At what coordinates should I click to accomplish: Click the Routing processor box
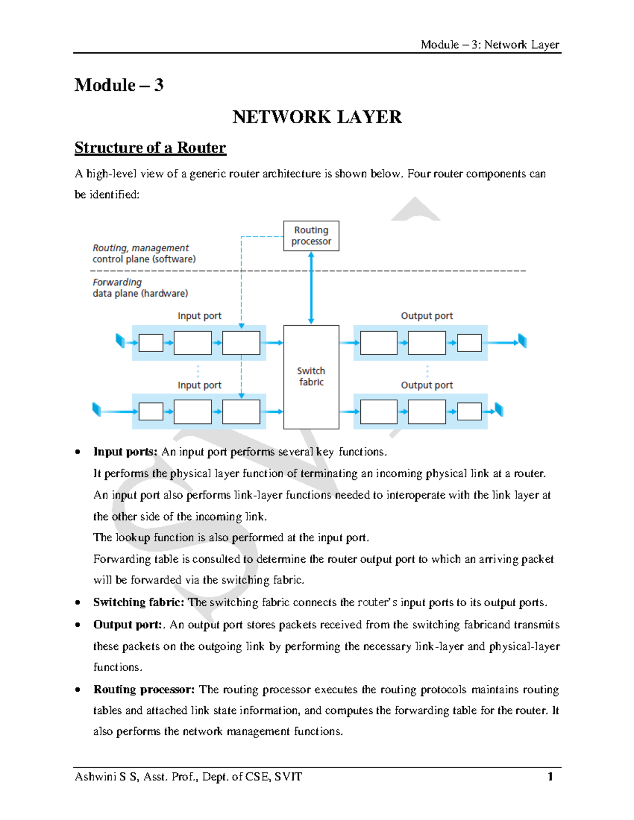pyautogui.click(x=311, y=236)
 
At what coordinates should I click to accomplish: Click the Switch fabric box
pyautogui.click(x=311, y=376)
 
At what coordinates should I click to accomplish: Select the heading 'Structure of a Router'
pyautogui.click(x=150, y=148)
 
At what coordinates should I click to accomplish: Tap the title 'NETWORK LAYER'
pyautogui.click(x=317, y=117)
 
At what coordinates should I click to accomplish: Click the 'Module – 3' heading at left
pyautogui.click(x=119, y=85)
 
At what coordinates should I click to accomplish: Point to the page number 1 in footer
pyautogui.click(x=550, y=776)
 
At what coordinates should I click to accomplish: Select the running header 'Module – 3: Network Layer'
pyautogui.click(x=489, y=45)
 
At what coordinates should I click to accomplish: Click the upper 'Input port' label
pyautogui.click(x=199, y=316)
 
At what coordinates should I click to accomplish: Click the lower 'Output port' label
pyautogui.click(x=426, y=385)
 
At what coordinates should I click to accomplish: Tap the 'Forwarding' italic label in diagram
pyautogui.click(x=117, y=282)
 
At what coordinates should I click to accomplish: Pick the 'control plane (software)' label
pyautogui.click(x=144, y=259)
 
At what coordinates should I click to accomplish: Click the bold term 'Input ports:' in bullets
pyautogui.click(x=125, y=452)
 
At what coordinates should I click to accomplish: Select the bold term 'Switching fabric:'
pyautogui.click(x=138, y=602)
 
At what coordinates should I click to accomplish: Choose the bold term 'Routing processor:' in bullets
pyautogui.click(x=144, y=690)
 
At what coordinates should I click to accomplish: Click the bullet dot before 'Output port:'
pyautogui.click(x=78, y=625)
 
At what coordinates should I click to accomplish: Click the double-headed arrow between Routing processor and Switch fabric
pyautogui.click(x=311, y=288)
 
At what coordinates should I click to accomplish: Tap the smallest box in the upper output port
pyautogui.click(x=469, y=343)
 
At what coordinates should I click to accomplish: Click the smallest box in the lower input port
pyautogui.click(x=151, y=411)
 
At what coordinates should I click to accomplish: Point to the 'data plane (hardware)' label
pyautogui.click(x=140, y=294)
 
